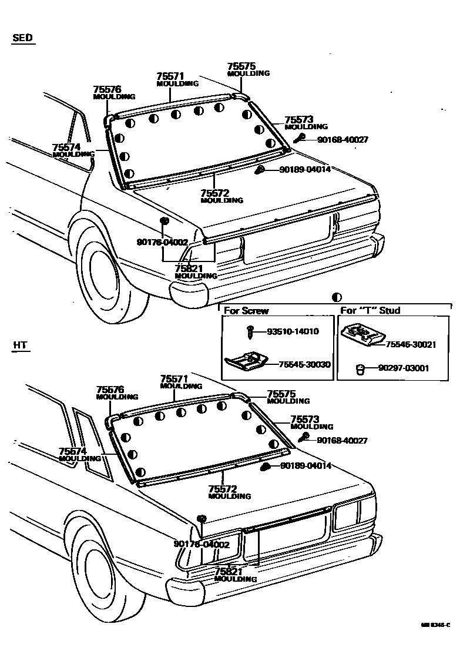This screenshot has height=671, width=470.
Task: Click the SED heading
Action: click(22, 39)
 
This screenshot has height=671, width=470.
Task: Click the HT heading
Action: click(20, 345)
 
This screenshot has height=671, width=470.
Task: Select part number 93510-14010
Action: click(293, 331)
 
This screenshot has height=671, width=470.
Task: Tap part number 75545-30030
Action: click(304, 365)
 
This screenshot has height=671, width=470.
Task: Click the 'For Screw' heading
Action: click(247, 310)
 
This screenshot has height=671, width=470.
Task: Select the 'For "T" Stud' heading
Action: click(371, 310)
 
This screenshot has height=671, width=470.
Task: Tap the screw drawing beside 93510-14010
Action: click(250, 332)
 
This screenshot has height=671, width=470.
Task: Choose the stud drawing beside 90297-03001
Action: click(361, 369)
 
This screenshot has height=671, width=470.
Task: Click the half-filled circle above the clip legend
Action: click(337, 298)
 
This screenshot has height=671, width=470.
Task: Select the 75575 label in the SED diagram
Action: click(241, 67)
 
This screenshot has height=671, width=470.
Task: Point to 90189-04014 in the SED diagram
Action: click(305, 169)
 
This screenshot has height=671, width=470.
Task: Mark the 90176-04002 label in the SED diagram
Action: click(162, 242)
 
